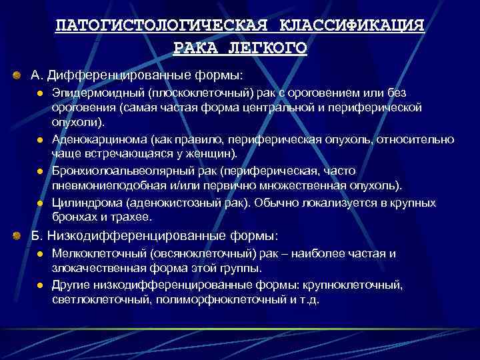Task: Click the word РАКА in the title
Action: (195, 48)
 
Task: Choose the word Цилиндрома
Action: (84, 201)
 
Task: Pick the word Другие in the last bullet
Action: (73, 285)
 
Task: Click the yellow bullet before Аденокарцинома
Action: (40, 140)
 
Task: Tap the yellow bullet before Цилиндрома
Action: (40, 202)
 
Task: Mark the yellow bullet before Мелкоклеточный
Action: (40, 254)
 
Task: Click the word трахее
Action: (134, 217)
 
